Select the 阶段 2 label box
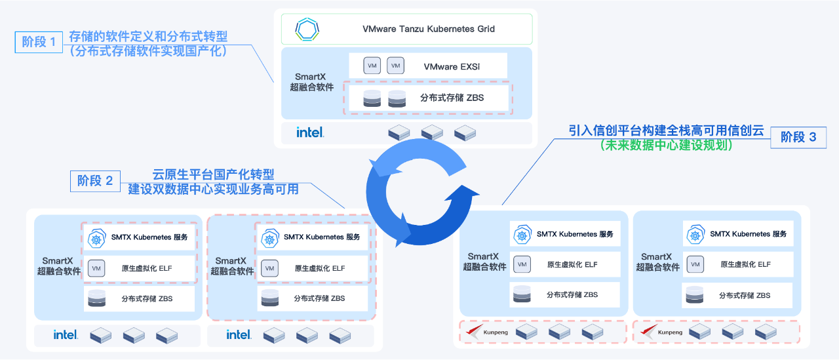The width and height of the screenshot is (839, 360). tap(95, 180)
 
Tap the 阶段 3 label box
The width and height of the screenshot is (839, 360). tap(798, 137)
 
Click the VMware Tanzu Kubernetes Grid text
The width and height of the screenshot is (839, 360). tap(429, 29)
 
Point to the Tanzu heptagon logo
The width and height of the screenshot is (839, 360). tap(307, 30)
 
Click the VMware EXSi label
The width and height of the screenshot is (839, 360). tap(452, 66)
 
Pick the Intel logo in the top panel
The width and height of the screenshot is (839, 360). tap(310, 132)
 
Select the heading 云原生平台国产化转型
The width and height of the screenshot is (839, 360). tap(214, 174)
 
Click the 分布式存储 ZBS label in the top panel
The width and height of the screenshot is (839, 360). tap(452, 98)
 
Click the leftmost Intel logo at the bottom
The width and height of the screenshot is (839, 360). tap(66, 334)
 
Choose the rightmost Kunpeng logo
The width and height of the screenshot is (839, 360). tap(651, 331)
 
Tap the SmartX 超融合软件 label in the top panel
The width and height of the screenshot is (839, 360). tap(312, 82)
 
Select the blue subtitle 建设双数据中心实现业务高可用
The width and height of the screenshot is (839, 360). tap(213, 189)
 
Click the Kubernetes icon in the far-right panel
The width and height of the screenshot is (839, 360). tap(695, 234)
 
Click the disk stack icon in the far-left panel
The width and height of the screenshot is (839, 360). tap(96, 298)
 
